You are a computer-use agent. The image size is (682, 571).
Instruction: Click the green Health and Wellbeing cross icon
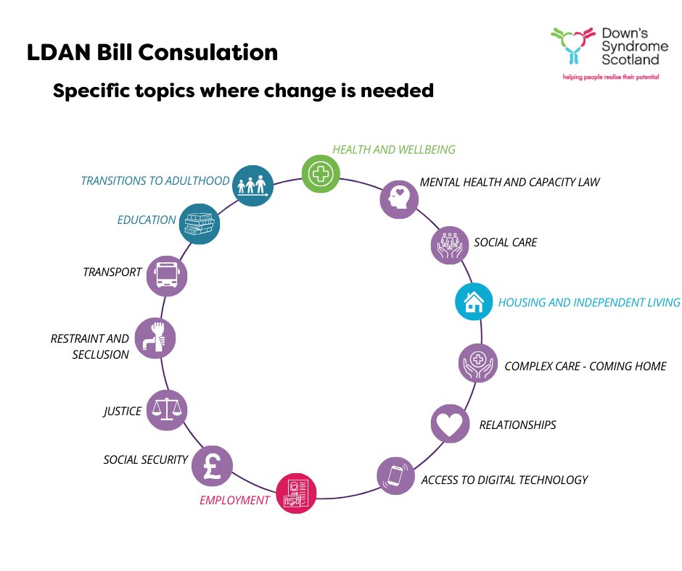tap(321, 174)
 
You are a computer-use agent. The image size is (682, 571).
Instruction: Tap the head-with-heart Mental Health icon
tap(400, 199)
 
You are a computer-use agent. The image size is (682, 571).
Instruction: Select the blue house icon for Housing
tap(474, 301)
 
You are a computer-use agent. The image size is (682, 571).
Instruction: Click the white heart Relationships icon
tap(450, 424)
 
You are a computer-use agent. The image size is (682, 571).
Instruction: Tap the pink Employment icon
tap(296, 494)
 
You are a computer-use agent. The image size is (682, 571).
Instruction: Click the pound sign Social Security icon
tap(212, 464)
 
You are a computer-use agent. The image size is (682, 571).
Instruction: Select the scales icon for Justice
tap(166, 411)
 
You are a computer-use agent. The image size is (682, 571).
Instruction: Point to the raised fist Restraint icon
tap(155, 338)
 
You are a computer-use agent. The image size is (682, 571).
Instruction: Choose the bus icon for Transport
tap(167, 275)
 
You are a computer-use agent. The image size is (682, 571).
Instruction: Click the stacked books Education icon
tap(199, 222)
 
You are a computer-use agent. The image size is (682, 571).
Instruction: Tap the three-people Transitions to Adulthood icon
tap(253, 185)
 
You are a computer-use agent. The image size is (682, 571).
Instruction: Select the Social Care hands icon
tap(451, 244)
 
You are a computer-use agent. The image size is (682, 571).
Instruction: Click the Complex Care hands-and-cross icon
tap(479, 362)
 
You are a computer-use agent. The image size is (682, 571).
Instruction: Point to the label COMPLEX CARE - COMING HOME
tap(585, 366)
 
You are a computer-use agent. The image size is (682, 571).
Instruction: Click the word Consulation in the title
tap(218, 53)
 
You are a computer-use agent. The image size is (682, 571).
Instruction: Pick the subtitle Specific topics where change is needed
tap(243, 91)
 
